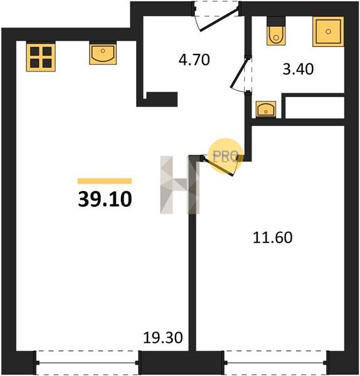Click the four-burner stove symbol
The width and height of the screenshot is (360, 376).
click(x=41, y=57)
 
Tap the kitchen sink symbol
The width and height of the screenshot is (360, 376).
click(x=103, y=54)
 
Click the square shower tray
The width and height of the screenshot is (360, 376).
click(x=328, y=31)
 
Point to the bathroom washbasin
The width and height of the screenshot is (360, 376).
click(x=266, y=109)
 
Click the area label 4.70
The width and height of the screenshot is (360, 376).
click(x=194, y=60)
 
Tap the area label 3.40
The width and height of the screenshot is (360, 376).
click(x=298, y=69)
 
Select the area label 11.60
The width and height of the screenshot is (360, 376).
click(x=273, y=238)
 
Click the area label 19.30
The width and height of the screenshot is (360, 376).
click(x=163, y=337)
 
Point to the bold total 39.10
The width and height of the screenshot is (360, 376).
click(x=105, y=199)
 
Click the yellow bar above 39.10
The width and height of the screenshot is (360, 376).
click(x=105, y=181)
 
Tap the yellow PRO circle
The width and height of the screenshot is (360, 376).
click(x=226, y=156)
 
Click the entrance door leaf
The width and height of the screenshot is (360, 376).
click(x=219, y=20)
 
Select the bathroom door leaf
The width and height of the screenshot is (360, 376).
click(x=240, y=73)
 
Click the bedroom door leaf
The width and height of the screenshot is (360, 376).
click(x=218, y=166)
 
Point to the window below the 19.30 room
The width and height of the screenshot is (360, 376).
click(x=87, y=363)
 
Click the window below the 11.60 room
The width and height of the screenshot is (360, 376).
click(x=275, y=363)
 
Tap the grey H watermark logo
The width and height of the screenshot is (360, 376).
click(x=180, y=185)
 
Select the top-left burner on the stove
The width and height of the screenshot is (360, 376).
click(x=34, y=51)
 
